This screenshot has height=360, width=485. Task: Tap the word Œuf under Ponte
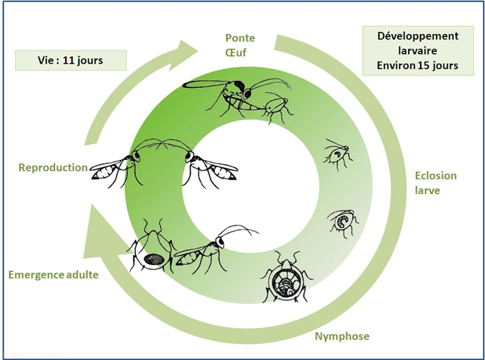[x=239, y=52]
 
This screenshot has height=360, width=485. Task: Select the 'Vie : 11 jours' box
[x=71, y=60]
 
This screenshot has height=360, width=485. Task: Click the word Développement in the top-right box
[x=418, y=35]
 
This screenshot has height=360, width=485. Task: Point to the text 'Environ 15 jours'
[x=418, y=66]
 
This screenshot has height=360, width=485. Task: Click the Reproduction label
[x=53, y=168]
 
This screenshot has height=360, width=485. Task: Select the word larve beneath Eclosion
[x=427, y=190]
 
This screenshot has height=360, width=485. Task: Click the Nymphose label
[x=341, y=337]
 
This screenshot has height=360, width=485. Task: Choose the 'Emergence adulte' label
[x=53, y=275]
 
